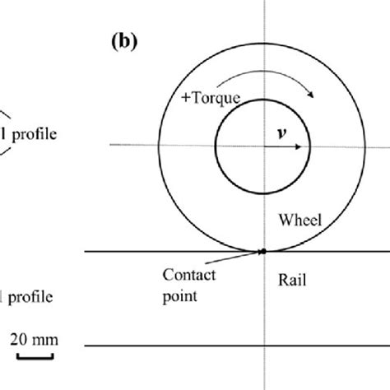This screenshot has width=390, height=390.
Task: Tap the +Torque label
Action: coord(209,98)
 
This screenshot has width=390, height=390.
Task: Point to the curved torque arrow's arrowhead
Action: coord(313,96)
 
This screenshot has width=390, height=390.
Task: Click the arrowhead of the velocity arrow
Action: coord(306,147)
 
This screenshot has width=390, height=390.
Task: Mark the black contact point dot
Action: coord(262,250)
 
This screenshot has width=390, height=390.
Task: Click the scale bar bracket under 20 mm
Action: coord(33,355)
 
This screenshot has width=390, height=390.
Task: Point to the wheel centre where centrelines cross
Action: coord(262,147)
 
